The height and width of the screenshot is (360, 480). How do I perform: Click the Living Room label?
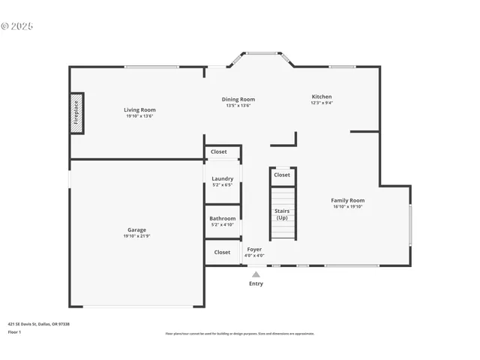point(140,110)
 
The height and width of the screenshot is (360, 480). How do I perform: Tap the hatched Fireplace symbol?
point(76,113)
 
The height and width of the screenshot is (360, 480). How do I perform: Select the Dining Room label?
point(238,99)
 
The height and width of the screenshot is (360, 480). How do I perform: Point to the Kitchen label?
point(322,97)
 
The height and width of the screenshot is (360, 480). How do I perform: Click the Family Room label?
point(348,200)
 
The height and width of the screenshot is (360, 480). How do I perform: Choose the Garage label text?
point(136,230)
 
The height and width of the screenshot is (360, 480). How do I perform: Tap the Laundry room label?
point(222,178)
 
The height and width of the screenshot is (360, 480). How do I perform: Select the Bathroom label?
point(222,218)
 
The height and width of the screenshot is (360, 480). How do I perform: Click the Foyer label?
point(254,249)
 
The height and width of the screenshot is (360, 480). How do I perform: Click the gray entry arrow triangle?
point(256,274)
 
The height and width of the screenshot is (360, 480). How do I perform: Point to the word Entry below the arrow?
point(256,284)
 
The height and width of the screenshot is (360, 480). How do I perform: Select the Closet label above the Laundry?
point(218,151)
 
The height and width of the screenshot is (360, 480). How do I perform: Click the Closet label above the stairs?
point(282,175)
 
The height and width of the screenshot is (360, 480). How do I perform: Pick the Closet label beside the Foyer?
point(222,252)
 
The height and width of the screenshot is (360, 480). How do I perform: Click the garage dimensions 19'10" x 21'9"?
point(136,237)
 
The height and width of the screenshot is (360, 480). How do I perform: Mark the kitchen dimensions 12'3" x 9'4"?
point(322,103)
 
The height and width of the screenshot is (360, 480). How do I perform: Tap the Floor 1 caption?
point(15,331)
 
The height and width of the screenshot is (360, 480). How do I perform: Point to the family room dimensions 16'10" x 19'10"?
point(348,207)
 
